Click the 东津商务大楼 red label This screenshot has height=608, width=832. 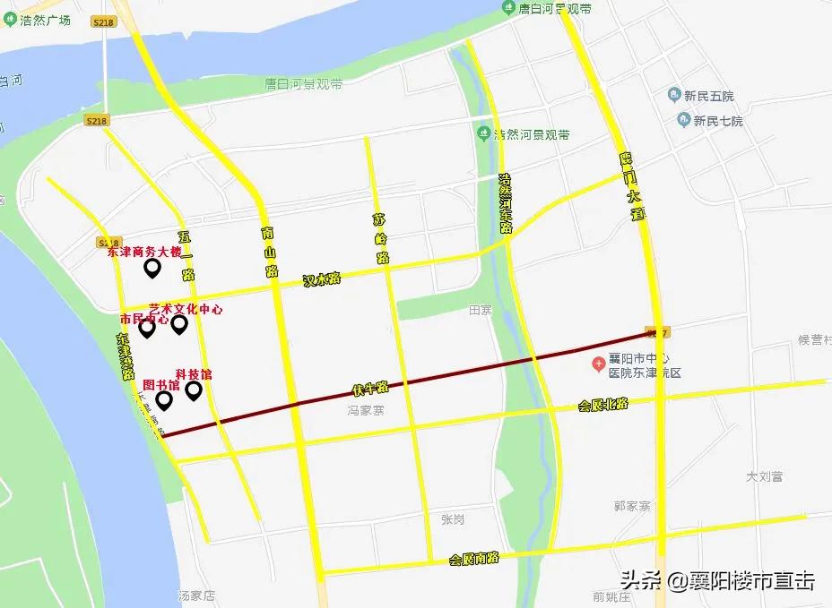click(x=144, y=253)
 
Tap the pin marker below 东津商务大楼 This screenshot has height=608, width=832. click(x=152, y=267)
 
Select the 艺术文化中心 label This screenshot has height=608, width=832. click(x=186, y=309)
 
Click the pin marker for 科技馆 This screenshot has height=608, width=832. click(x=193, y=390)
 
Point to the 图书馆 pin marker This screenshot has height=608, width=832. click(x=164, y=399)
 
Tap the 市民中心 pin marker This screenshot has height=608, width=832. click(x=147, y=329)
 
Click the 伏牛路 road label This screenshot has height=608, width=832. click(x=369, y=389)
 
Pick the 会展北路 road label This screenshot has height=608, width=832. click(x=602, y=405)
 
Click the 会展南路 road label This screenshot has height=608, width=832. click(x=473, y=558)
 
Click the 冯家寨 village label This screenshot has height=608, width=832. click(x=366, y=411)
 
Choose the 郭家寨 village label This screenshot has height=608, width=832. click(x=632, y=506)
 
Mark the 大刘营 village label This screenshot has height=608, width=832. click(x=765, y=476)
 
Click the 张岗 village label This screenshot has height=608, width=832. click(x=453, y=519)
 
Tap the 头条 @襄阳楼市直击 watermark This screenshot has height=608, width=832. click(x=715, y=581)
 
